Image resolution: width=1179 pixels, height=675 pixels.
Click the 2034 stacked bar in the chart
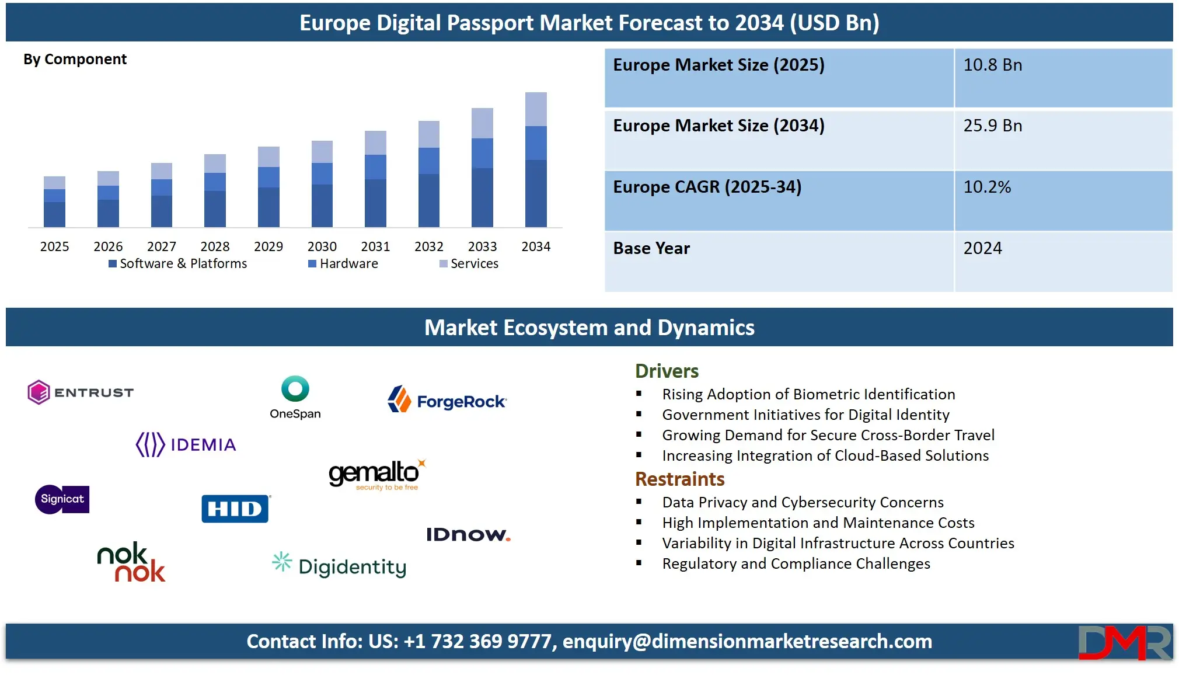[536, 159]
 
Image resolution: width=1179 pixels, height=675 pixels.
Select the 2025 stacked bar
[54, 201]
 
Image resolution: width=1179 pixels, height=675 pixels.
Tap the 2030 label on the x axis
[322, 246]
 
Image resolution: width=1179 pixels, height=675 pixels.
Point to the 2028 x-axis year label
[215, 246]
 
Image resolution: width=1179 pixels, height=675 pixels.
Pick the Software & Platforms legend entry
[178, 264]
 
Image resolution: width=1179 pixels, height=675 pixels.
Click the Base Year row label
[651, 248]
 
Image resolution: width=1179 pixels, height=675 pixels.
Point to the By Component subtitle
[75, 60]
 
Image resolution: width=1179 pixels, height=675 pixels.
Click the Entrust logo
[81, 392]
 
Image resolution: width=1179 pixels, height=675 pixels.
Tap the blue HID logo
[235, 509]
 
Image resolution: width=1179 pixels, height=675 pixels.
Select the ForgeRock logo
[448, 401]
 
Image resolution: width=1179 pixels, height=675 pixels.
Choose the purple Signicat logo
[62, 499]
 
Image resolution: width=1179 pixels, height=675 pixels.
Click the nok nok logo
[131, 562]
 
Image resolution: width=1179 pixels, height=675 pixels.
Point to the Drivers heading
[667, 371]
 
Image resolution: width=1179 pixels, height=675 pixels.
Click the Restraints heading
[679, 479]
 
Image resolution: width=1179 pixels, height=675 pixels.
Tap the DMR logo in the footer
[1125, 642]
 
